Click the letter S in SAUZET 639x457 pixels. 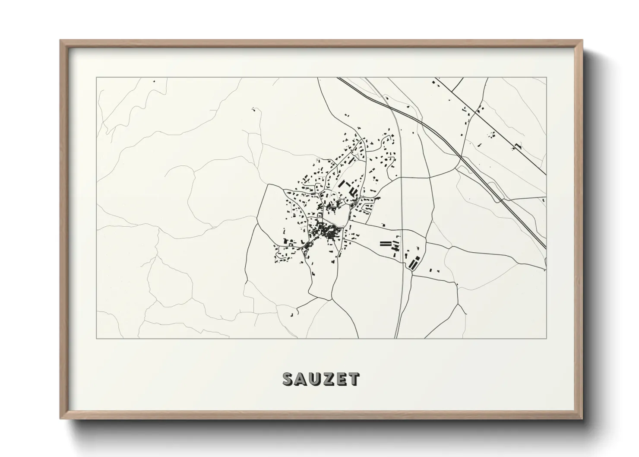pyautogui.click(x=288, y=379)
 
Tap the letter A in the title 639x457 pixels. pyautogui.click(x=302, y=379)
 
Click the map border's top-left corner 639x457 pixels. pyautogui.click(x=96, y=77)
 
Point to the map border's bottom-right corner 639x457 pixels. pyautogui.click(x=547, y=338)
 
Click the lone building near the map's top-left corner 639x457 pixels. pyautogui.click(x=153, y=80)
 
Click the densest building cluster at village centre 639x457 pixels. pyautogui.click(x=330, y=233)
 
